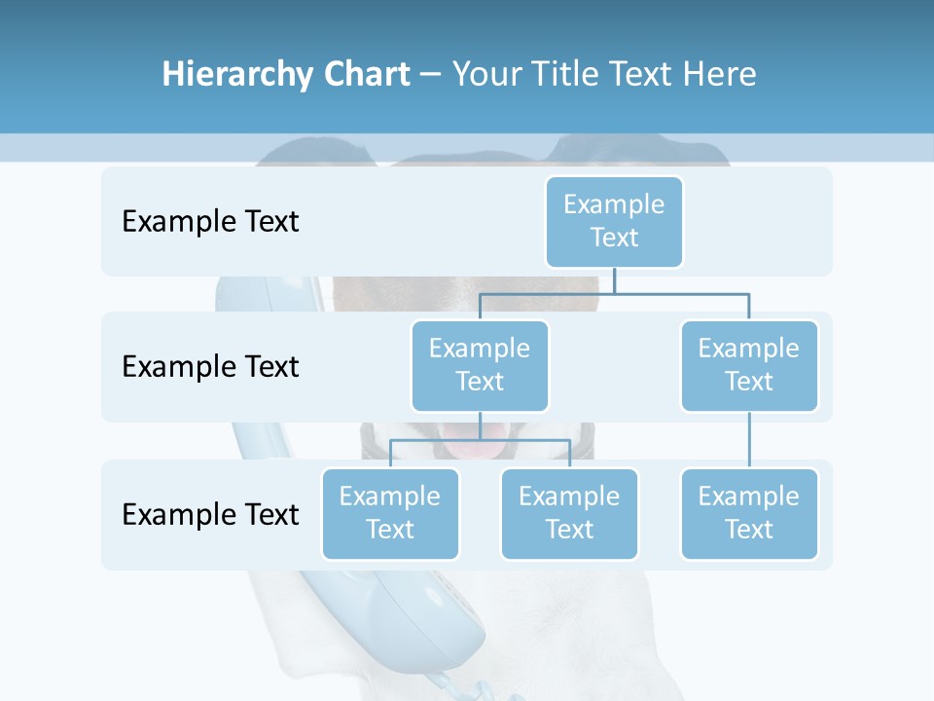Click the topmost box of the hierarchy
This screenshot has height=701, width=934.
tap(614, 221)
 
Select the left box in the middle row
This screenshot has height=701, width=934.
tap(480, 365)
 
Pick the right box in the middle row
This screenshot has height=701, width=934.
tap(749, 365)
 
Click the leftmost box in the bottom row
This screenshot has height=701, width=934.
tap(390, 513)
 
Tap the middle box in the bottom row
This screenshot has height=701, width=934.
tap(569, 513)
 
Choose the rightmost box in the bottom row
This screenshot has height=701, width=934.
tap(749, 513)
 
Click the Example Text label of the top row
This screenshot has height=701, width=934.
tap(210, 222)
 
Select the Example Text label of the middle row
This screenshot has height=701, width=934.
tap(210, 367)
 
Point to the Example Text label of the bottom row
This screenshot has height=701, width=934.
tap(210, 514)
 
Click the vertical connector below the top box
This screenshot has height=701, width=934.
tap(614, 280)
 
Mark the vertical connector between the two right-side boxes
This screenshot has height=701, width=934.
tap(749, 440)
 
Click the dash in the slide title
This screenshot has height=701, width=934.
tap(431, 74)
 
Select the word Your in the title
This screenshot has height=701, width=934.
tap(484, 74)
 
